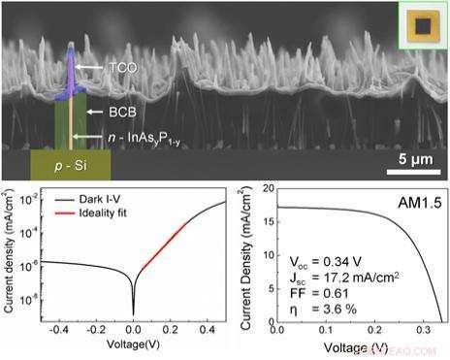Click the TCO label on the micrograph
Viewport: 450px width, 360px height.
[x=120, y=69]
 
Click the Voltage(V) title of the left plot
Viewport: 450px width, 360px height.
[x=132, y=344]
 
